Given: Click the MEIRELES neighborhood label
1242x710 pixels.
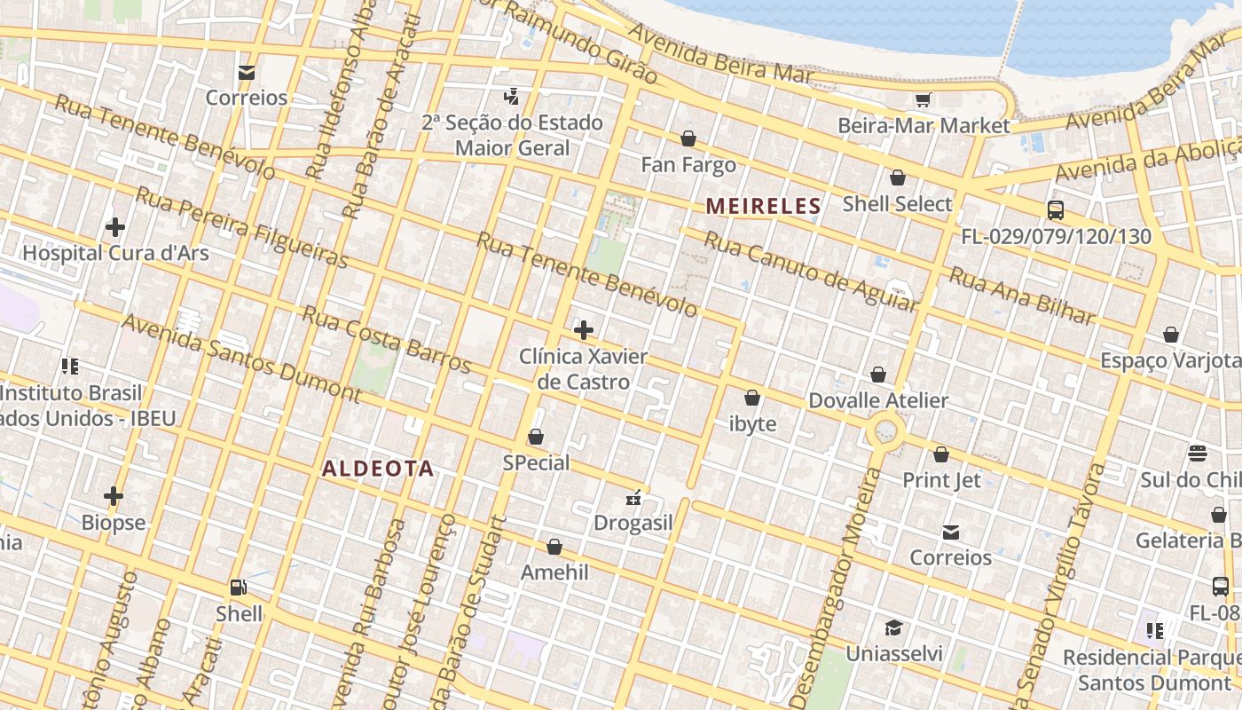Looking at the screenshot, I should tap(763, 207).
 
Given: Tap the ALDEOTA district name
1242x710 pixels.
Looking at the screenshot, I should tap(378, 469).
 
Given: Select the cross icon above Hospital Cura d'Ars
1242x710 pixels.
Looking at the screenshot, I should tap(115, 227).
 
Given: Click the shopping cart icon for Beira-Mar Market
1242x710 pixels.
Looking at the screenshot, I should tap(923, 99).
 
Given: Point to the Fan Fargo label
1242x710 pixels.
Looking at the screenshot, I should tap(688, 165).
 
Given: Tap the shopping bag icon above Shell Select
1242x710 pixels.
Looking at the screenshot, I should tap(898, 177).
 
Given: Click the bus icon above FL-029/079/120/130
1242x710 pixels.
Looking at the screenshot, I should tap(1056, 210).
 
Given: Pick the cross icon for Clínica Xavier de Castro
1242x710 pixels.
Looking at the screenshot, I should tap(584, 330).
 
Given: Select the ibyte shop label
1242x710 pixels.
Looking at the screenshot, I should tap(752, 424).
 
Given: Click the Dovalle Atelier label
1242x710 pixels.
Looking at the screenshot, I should tap(878, 400).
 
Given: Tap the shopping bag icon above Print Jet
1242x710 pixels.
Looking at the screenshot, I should tap(941, 454).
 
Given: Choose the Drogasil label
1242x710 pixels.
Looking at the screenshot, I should tap(633, 523).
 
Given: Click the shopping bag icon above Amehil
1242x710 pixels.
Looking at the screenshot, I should tap(554, 547).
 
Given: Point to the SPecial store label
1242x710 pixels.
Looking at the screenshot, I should tap(536, 462).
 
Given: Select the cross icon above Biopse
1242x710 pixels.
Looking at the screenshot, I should tap(114, 495).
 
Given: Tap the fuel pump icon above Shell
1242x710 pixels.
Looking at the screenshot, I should tap(238, 587).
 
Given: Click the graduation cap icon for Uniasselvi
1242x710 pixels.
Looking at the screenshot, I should tap(893, 627).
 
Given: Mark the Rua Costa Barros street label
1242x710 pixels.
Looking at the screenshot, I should tap(386, 338).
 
